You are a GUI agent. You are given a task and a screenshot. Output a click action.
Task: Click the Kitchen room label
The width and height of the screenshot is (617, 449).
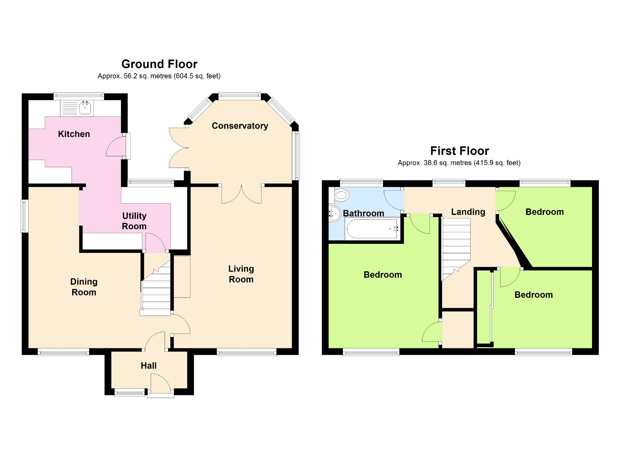point(74,134)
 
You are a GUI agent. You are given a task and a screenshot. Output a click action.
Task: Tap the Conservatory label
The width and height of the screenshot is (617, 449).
point(240,126)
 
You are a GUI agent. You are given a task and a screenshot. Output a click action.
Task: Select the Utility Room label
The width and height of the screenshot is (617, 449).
point(134,221)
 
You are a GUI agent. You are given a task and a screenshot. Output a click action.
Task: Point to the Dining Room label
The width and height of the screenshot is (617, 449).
point(84,287)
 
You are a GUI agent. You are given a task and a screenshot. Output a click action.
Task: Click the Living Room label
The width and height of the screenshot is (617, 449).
point(241,274)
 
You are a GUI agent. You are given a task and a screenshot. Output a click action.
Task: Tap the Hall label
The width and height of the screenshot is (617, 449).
point(148,365)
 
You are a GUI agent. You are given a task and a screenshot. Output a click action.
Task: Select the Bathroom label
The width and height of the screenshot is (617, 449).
point(363,213)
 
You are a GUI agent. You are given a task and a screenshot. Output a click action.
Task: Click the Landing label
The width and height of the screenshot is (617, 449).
point(468,212)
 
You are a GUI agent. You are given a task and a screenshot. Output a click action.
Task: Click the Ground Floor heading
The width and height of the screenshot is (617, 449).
point(159,64)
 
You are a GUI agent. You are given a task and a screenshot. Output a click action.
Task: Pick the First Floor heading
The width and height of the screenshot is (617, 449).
point(459,151)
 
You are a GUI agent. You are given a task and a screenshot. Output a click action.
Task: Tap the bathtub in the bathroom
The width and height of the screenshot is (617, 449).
point(372,229)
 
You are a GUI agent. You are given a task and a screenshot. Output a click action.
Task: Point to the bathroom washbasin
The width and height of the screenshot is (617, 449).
point(335,213)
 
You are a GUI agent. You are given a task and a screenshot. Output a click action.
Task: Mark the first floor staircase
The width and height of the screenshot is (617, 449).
point(456,249)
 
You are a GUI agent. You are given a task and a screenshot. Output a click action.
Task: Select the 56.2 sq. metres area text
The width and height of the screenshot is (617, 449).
point(147,76)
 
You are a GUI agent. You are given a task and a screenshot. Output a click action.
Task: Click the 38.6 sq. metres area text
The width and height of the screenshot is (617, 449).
point(448,163)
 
